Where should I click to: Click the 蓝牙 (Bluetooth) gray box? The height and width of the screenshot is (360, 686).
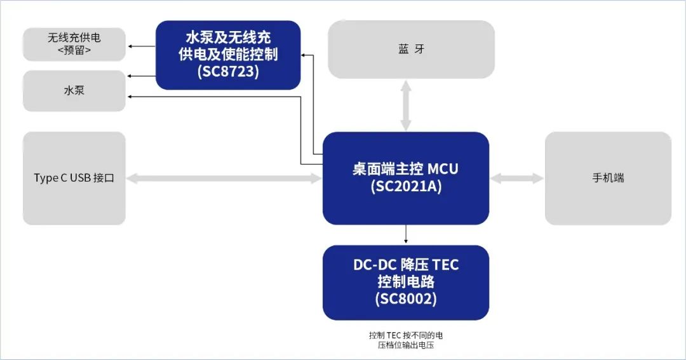click(x=411, y=50)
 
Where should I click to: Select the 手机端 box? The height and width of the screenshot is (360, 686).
click(x=608, y=178)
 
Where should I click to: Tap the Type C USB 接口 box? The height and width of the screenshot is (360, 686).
click(x=74, y=178)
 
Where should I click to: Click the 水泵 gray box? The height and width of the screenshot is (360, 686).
click(x=74, y=91)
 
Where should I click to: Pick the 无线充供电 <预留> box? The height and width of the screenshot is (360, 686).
click(x=74, y=43)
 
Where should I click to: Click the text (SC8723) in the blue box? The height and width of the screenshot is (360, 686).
click(x=228, y=72)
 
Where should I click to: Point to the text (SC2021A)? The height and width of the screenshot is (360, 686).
click(x=405, y=187)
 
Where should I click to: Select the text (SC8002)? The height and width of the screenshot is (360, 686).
click(x=405, y=298)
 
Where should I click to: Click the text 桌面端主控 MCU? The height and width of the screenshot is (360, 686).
click(x=405, y=170)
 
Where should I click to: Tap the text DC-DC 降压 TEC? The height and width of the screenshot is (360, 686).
click(x=405, y=265)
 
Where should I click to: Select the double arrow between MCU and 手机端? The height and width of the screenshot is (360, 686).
click(x=516, y=179)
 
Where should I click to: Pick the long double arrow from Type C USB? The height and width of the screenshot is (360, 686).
click(x=224, y=179)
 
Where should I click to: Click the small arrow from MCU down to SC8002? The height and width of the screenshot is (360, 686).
click(x=405, y=235)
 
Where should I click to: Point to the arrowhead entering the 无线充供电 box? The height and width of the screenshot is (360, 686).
click(x=130, y=46)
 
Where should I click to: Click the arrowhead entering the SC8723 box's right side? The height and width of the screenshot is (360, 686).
click(x=304, y=55)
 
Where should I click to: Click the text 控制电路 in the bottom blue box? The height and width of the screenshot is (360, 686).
click(x=405, y=281)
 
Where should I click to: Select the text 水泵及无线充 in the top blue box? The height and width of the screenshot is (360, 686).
click(x=228, y=38)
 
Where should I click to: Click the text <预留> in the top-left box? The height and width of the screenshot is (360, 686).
click(x=74, y=50)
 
